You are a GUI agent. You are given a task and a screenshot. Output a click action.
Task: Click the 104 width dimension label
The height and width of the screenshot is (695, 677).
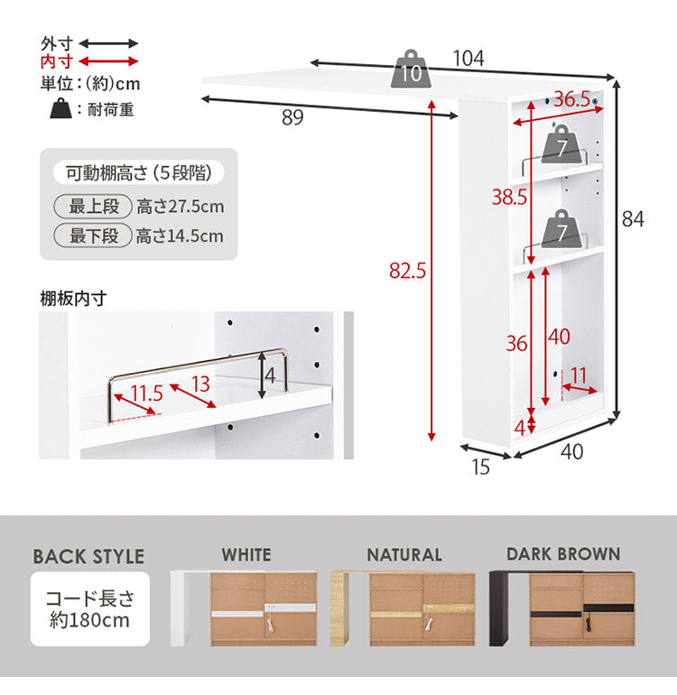tap(468, 59)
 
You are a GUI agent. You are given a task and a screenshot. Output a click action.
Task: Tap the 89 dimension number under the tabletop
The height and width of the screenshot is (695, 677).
tap(292, 117)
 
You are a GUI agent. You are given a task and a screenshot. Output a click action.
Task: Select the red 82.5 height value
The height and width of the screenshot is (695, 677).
tap(407, 271)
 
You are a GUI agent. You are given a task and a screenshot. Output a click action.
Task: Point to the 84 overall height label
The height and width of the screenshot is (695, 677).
tap(633, 219)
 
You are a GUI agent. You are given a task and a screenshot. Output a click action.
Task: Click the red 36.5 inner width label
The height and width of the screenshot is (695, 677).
tap(572, 99)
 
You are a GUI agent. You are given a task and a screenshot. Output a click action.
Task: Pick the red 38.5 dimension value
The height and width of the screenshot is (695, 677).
tap(509, 197)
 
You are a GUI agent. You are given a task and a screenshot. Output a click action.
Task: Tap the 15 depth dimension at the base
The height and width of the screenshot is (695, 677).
tap(480, 468)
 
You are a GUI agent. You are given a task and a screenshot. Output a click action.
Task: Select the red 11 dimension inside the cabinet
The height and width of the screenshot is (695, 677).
tap(579, 375)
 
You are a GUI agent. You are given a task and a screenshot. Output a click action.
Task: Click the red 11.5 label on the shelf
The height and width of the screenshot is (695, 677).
tap(147, 394)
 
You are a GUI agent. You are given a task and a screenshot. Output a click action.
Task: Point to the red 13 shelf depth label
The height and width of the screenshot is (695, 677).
tap(200, 384)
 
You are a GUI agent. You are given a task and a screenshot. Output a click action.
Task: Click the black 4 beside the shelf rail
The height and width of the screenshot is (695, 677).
tap(270, 375)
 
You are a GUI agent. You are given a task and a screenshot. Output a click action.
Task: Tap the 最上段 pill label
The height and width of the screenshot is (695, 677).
tap(93, 206)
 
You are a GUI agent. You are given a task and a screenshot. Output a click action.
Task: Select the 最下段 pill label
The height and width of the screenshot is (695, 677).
tap(93, 236)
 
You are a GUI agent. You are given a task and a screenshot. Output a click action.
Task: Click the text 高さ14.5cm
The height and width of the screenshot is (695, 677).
tap(180, 236)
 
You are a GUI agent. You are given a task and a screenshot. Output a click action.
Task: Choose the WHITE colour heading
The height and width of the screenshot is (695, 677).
tap(246, 555)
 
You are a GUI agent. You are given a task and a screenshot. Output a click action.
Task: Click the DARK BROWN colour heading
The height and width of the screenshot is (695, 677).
tap(563, 554)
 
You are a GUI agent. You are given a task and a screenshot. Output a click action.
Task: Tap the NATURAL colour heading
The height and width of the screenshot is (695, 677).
tap(404, 555)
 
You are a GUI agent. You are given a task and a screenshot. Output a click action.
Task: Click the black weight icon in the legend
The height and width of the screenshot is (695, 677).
tap(60, 108)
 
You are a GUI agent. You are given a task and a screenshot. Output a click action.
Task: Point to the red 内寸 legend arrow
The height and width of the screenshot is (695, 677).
tap(108, 61)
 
